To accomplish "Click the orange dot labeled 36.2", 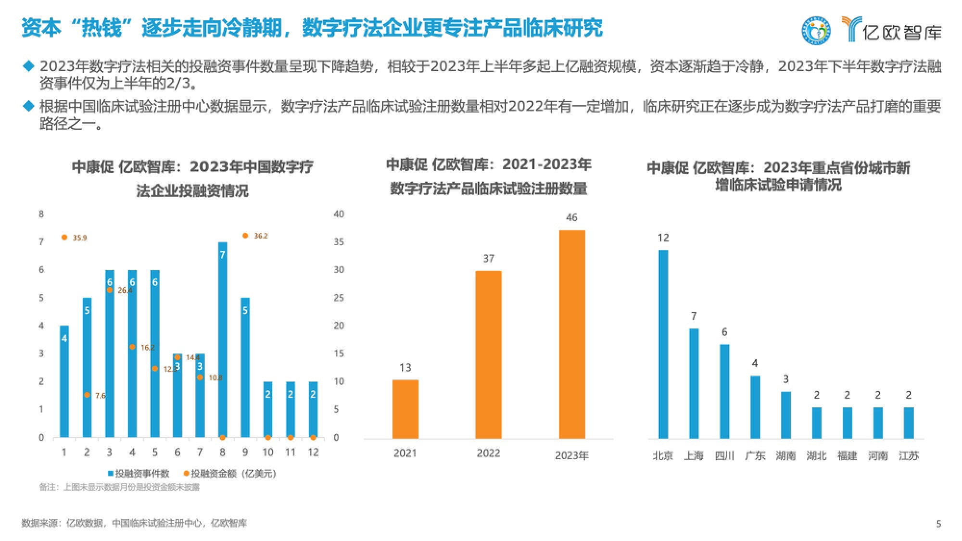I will point(245,236).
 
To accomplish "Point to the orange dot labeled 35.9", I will point(64,237).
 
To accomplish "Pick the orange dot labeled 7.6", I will point(87,395).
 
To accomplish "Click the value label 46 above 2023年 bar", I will point(571,218).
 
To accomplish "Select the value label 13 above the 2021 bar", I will point(405,368).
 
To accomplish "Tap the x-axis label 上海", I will point(694,456).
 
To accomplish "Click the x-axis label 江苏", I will point(909,456).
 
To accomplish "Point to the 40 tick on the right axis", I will point(339,214).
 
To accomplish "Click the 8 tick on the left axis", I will point(41,214).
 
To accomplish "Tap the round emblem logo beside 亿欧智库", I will point(816,30).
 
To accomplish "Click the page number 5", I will point(938,524).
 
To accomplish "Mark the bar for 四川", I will point(724,391).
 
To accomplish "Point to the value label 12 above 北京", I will point(663,238).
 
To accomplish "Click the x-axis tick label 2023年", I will point(571,456).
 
